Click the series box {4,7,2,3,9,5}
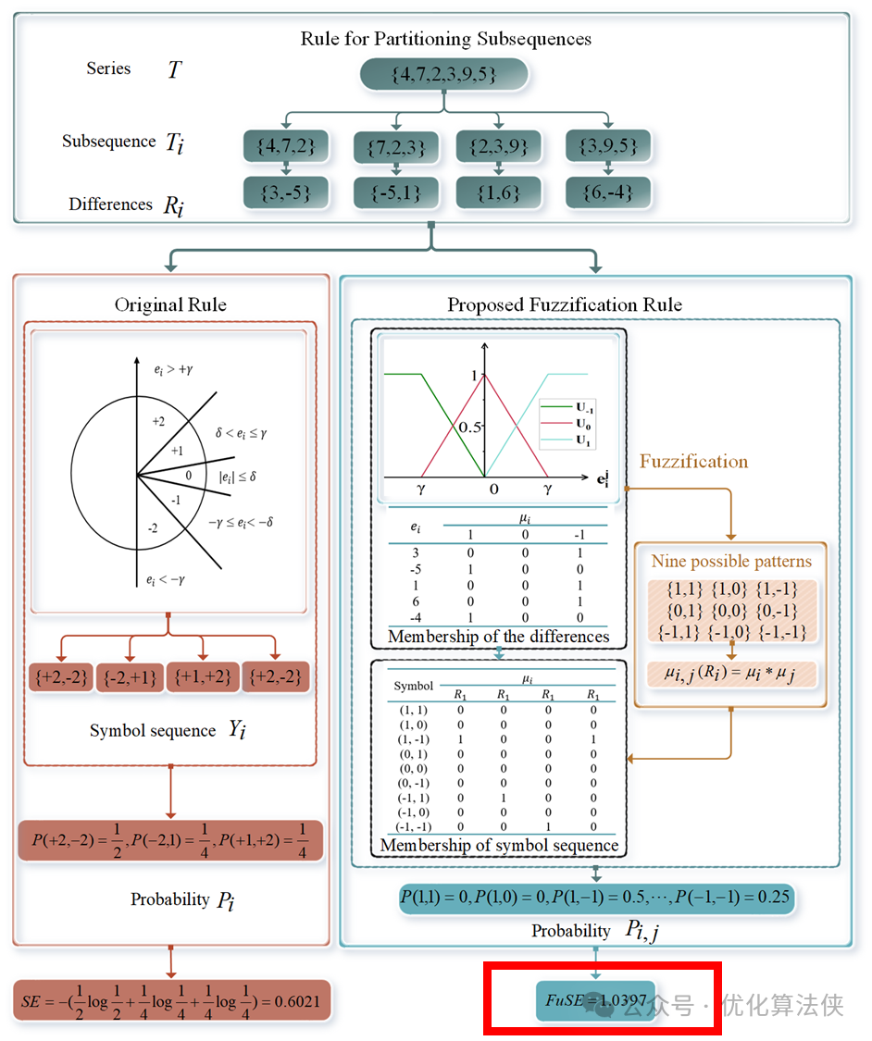tap(443, 74)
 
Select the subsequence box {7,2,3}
tap(395, 146)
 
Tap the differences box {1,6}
tap(499, 192)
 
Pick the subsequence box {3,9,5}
tap(608, 145)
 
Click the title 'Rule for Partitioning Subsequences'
tap(446, 39)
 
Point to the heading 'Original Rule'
tap(170, 304)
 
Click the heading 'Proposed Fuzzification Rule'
tap(565, 304)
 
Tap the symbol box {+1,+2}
tap(203, 676)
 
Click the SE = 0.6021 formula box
tap(172, 1000)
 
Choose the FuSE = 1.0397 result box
tap(596, 999)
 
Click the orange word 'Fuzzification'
tap(693, 461)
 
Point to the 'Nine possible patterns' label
tap(730, 562)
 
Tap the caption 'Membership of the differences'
tap(498, 637)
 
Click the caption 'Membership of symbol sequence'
tap(499, 845)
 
